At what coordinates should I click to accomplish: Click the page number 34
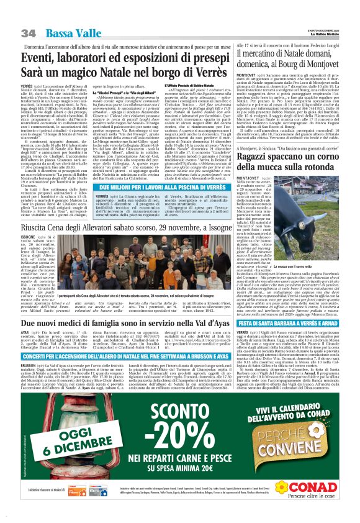coord(28,32)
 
